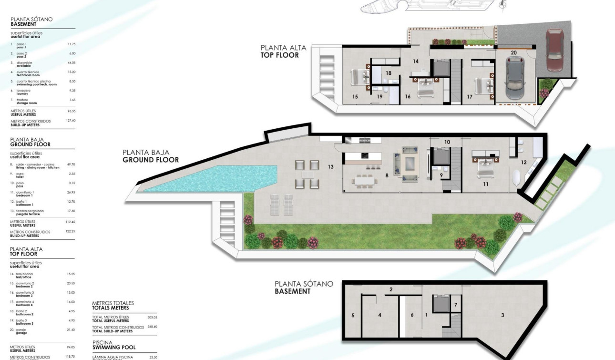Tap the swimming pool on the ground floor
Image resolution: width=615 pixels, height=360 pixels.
210,179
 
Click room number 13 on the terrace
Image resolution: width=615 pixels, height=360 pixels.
330,166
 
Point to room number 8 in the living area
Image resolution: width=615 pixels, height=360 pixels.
387,175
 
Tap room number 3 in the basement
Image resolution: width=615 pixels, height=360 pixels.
502,315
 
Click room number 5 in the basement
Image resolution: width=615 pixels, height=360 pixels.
353,315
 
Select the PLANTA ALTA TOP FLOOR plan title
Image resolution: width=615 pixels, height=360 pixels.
283,51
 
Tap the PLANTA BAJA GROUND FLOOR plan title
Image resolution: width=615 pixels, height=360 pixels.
151,156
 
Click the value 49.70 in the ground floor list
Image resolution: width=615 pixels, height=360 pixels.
72,165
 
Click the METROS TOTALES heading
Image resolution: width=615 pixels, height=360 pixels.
113,305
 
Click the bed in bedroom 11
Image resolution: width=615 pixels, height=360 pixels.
483,161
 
